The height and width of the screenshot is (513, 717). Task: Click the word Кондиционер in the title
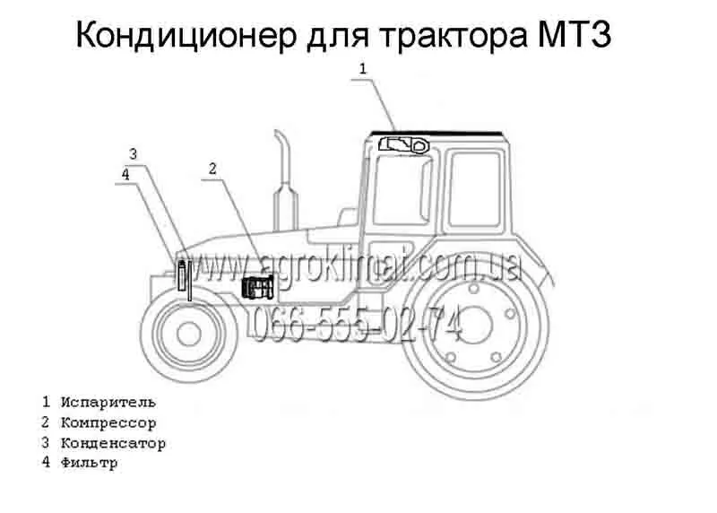pos(186,35)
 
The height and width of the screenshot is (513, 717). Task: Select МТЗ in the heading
pos(574,34)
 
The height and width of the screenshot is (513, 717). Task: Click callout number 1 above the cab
pos(363,69)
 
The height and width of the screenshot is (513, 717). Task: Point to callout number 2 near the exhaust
pos(212,169)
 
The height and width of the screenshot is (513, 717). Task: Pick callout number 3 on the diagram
pos(133,154)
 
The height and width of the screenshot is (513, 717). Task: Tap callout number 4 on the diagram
pos(125,174)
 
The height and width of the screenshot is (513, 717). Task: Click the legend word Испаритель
pos(108,403)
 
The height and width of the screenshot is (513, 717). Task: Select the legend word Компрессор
pos(108,422)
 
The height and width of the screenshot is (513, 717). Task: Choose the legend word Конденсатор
pos(113,443)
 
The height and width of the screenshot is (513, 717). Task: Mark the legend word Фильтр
pos(89,463)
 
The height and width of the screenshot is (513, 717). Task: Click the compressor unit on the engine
pos(258,288)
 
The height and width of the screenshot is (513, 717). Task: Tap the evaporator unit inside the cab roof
pos(404,145)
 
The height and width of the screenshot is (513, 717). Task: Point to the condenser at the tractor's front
pos(183,275)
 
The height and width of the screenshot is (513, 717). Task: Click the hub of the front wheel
pos(189,334)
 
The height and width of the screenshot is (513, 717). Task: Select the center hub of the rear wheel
pos(475,325)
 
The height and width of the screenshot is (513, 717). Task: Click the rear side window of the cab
pos(476,189)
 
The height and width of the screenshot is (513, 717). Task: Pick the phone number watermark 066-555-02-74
pos(357,325)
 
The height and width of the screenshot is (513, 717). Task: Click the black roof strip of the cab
pos(436,134)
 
